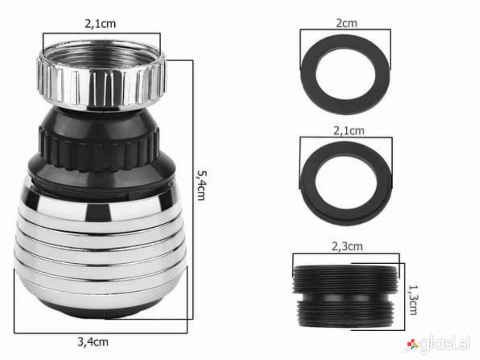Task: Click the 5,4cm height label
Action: point(202,185)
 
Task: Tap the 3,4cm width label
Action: point(93,342)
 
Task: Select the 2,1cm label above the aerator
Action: point(100,23)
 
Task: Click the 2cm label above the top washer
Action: point(346,23)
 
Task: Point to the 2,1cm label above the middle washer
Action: point(349,130)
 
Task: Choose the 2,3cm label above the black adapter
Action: point(347,246)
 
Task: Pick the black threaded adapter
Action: point(345,297)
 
